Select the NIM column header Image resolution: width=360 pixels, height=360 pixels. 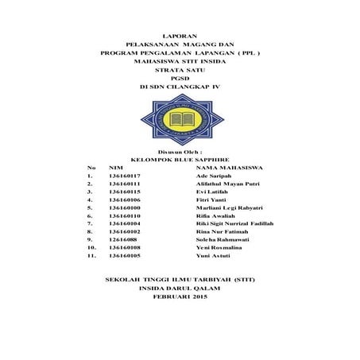tap(115, 168)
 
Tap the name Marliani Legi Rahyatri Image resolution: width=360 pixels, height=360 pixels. tap(229, 209)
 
